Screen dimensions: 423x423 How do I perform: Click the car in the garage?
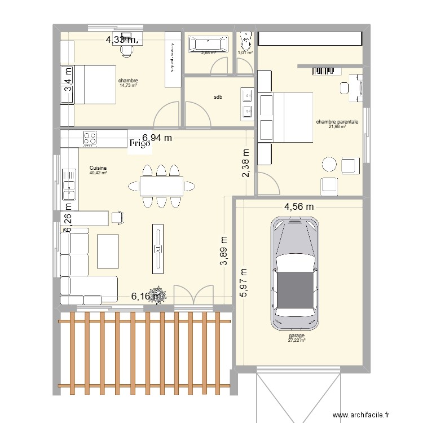click(x=294, y=274)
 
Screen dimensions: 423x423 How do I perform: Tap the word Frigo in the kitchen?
click(x=139, y=144)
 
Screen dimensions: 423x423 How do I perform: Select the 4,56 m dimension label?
click(x=299, y=207)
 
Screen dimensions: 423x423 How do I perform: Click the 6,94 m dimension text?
click(x=157, y=137)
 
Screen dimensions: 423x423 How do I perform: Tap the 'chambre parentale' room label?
click(x=337, y=121)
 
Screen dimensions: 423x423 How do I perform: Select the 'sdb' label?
click(x=218, y=97)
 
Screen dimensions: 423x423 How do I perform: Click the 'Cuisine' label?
click(x=98, y=168)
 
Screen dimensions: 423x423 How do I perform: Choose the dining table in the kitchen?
click(x=161, y=185)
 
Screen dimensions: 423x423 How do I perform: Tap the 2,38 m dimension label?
click(x=246, y=164)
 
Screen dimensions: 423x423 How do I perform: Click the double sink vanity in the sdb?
click(x=247, y=104)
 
